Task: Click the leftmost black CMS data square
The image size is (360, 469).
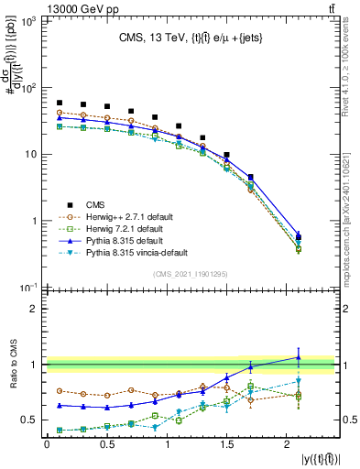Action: (x=60, y=103)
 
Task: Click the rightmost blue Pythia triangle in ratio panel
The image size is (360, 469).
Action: (x=299, y=357)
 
